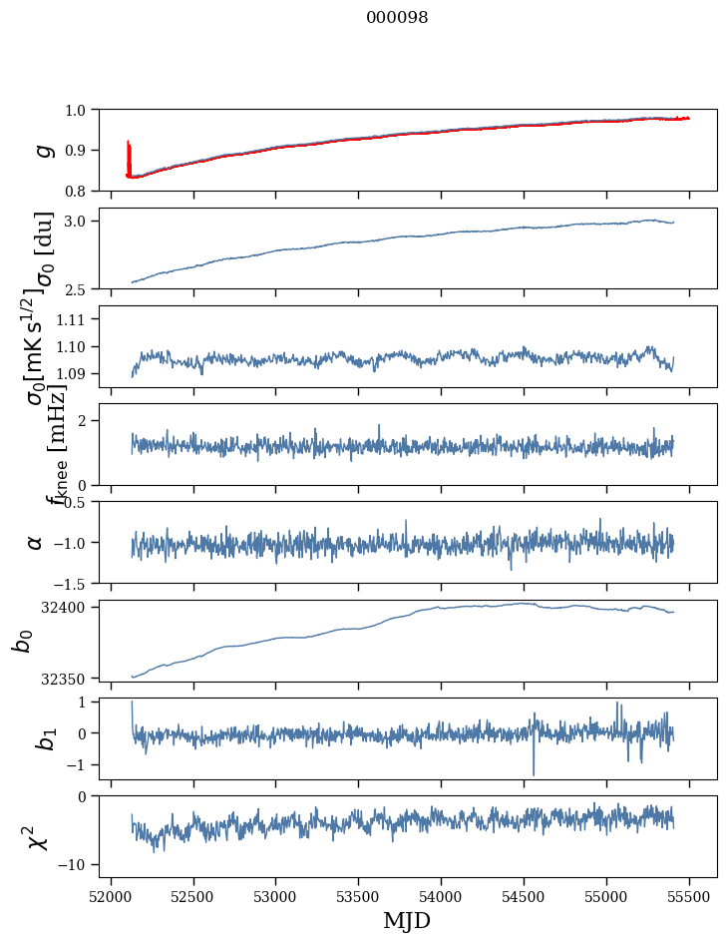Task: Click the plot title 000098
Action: pyautogui.click(x=397, y=17)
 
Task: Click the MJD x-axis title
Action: pyautogui.click(x=407, y=920)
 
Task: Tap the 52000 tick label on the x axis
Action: pyautogui.click(x=111, y=895)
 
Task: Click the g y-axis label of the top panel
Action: pyautogui.click(x=42, y=150)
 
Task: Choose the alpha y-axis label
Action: pyautogui.click(x=36, y=542)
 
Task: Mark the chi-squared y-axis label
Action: pyautogui.click(x=36, y=837)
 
